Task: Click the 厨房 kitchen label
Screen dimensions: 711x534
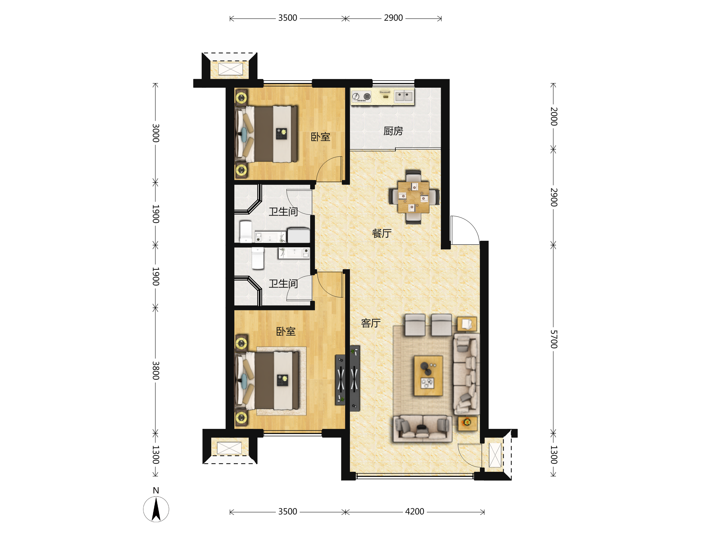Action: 393,131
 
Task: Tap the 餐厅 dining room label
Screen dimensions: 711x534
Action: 382,233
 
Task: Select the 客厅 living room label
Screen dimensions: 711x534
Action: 371,323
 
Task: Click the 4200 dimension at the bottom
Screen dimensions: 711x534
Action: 415,512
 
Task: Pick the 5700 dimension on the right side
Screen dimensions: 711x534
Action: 553,339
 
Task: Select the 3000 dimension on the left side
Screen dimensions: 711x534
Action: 156,133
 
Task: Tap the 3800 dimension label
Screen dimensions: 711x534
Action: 156,371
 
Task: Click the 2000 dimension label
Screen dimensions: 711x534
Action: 553,117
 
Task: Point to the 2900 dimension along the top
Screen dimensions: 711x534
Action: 393,18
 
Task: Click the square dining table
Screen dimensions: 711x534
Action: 413,197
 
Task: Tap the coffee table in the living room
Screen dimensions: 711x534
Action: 428,376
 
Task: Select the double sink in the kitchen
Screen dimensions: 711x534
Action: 404,96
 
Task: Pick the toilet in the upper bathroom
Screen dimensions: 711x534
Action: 246,231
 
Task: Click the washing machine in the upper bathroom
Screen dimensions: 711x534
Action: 299,235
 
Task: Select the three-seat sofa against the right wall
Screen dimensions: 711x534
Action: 466,374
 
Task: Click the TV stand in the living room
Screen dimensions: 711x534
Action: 355,379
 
